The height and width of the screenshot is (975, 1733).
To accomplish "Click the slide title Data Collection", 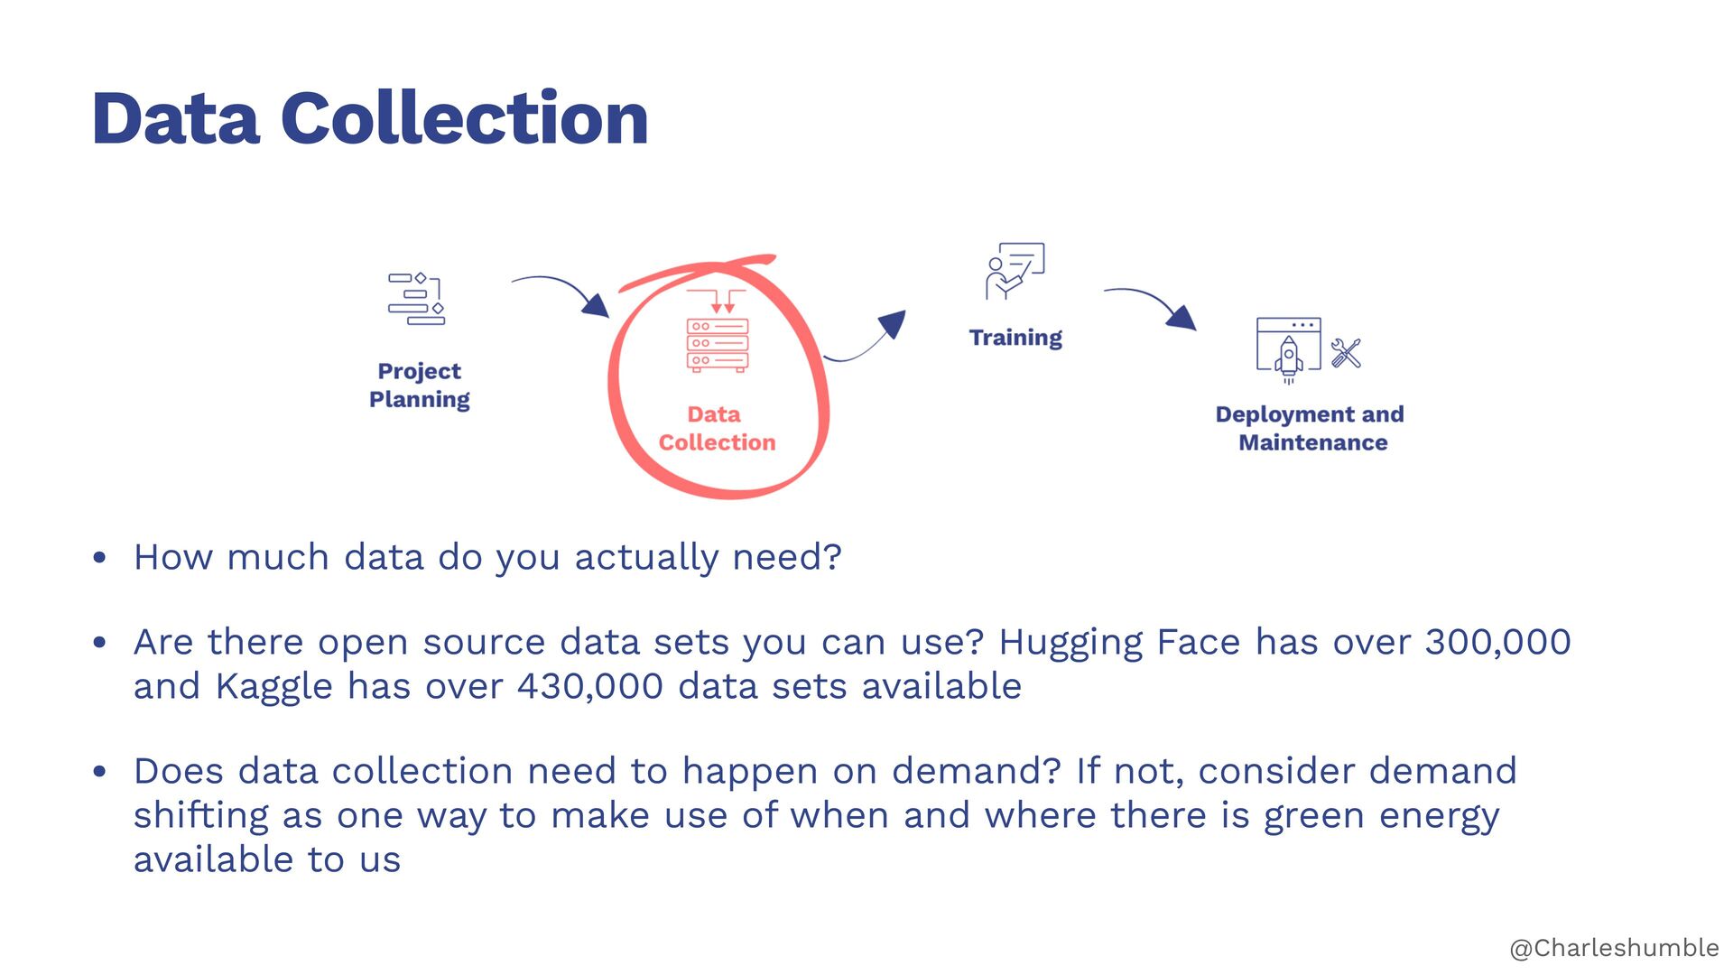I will [370, 118].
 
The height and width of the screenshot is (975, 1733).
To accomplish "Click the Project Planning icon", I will [417, 299].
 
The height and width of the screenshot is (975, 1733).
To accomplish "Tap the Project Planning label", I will [420, 385].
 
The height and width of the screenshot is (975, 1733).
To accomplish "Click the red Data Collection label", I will [717, 428].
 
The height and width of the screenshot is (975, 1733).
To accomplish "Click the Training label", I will [1015, 338].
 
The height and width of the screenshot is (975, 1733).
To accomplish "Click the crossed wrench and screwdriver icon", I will [1346, 353].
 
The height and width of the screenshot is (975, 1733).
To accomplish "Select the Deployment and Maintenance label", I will [1311, 428].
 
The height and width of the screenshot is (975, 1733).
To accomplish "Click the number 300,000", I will [1497, 642].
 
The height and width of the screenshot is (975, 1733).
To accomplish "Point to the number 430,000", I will [589, 686].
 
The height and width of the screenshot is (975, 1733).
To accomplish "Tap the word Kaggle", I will [273, 687].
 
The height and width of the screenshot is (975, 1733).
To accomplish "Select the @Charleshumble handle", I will [1614, 948].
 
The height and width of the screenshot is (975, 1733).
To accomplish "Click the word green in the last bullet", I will [1314, 815].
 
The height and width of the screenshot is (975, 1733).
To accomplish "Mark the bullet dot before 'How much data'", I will [100, 558].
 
